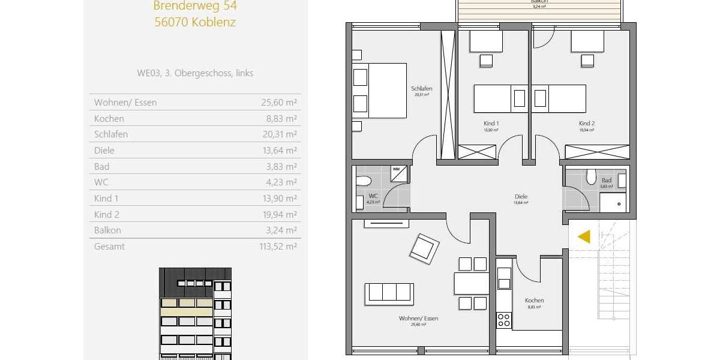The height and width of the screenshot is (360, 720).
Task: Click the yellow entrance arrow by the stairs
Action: (584, 236)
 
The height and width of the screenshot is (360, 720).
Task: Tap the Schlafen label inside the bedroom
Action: (422, 89)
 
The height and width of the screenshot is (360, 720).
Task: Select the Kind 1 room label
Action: (491, 123)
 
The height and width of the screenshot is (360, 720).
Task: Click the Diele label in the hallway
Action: (521, 196)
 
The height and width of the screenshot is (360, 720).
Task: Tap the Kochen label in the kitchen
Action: (534, 301)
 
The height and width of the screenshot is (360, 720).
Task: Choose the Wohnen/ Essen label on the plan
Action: (418, 319)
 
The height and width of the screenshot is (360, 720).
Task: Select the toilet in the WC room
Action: (364, 181)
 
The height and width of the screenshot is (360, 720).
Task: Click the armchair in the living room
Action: (424, 247)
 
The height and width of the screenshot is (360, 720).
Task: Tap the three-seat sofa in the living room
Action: (389, 292)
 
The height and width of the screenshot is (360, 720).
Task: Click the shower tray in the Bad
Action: (614, 203)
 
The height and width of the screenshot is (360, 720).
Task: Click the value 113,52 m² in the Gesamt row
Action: (279, 246)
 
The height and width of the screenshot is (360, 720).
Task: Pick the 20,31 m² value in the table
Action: (279, 134)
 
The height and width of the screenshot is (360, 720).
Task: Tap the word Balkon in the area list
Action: (107, 230)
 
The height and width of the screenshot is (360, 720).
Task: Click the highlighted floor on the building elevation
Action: (186, 307)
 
